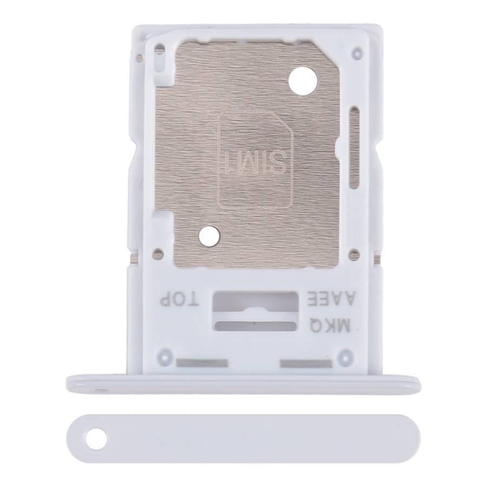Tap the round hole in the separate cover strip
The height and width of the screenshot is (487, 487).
pyautogui.click(x=97, y=439)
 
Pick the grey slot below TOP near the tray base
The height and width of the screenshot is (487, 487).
pyautogui.click(x=202, y=363)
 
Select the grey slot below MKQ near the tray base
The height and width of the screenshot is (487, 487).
pyautogui.click(x=307, y=363)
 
